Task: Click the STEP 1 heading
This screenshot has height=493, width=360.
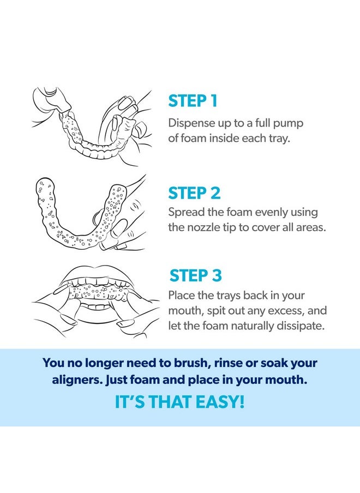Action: point(193,101)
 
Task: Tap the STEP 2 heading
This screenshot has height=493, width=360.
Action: point(194,193)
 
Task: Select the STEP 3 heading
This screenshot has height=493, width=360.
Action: point(195,275)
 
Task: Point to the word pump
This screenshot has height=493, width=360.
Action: point(288,123)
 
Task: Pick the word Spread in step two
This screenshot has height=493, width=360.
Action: point(185,212)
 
